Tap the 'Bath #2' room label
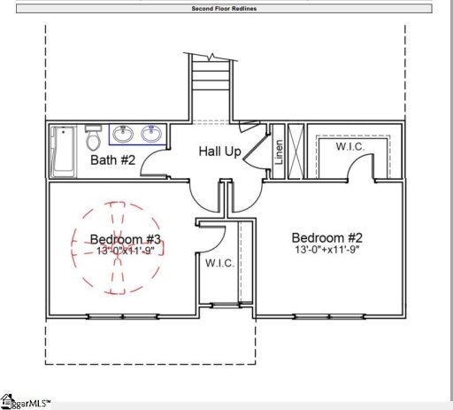[x=112, y=160]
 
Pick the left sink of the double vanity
[x=123, y=135]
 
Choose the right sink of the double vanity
[x=150, y=135]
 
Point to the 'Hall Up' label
[x=219, y=152]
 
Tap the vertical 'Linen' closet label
[x=279, y=153]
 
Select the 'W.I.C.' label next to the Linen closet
[x=350, y=147]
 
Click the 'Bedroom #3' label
[x=125, y=239]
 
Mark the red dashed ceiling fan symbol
[x=113, y=249]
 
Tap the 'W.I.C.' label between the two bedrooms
[x=219, y=264]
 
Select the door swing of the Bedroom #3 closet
[x=212, y=239]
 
